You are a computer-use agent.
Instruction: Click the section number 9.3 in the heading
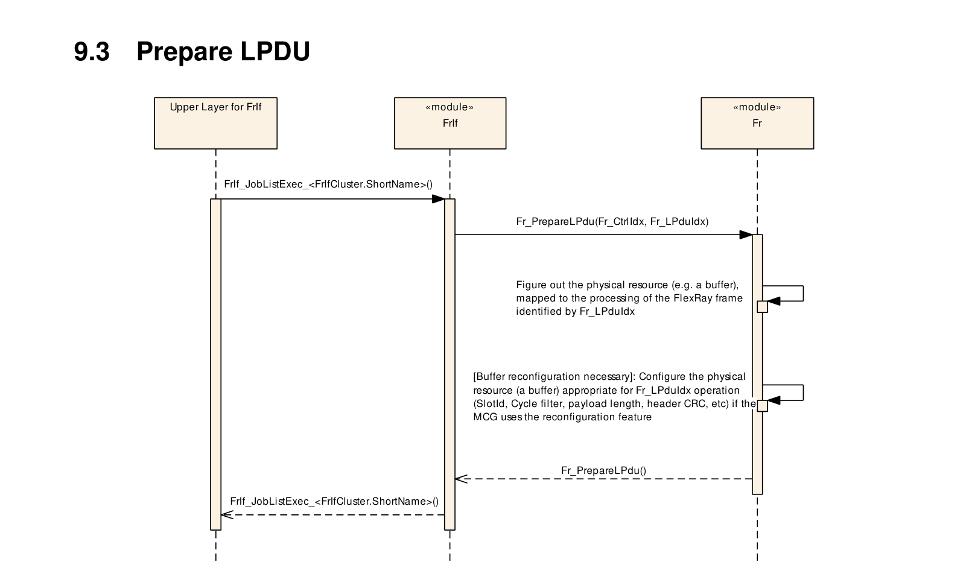click(92, 51)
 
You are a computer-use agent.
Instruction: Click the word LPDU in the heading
click(275, 51)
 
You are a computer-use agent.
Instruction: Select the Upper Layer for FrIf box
click(215, 123)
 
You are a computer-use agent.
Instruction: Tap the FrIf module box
click(450, 123)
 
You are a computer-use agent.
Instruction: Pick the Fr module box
click(757, 123)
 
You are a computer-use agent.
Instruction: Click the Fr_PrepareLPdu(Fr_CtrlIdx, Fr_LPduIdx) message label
click(612, 222)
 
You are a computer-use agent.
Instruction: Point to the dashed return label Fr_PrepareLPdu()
click(603, 470)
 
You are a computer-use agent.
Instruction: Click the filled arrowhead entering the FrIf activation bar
click(438, 199)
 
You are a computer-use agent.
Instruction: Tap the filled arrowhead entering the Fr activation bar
click(746, 235)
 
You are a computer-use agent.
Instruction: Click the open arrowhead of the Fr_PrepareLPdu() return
click(461, 479)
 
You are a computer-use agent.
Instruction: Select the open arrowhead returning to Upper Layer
click(227, 514)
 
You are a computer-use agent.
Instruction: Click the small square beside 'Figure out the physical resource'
click(762, 306)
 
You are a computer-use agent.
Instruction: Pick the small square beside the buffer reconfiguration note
click(762, 405)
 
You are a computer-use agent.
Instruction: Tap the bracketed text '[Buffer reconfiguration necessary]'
click(553, 377)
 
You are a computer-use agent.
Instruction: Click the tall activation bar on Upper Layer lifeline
click(215, 364)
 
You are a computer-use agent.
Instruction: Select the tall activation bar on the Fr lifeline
click(757, 364)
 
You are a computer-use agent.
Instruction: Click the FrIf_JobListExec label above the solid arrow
click(328, 184)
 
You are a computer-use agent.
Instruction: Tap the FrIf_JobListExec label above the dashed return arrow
click(334, 502)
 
